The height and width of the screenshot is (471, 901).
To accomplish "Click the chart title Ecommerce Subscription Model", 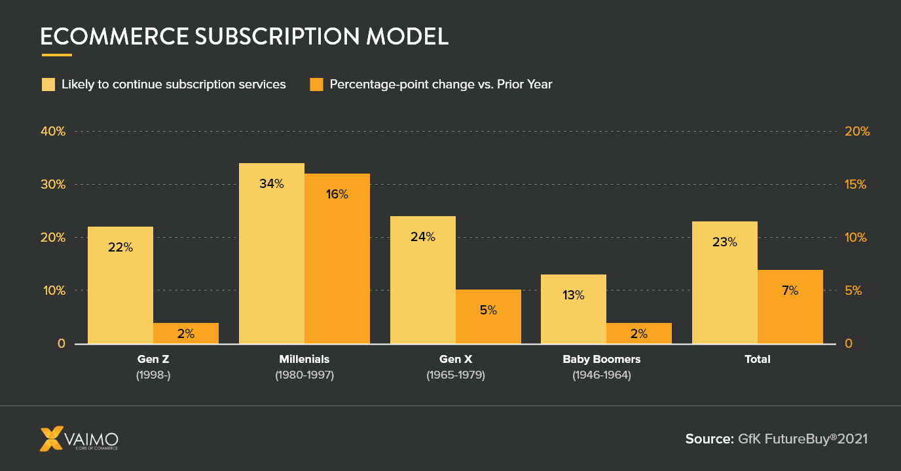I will (244, 37).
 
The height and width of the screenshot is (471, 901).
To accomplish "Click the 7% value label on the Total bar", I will (790, 290).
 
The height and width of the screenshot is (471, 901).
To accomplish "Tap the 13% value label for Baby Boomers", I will (573, 295).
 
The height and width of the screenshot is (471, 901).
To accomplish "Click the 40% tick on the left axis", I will (54, 131).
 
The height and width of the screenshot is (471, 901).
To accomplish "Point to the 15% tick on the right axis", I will (856, 185).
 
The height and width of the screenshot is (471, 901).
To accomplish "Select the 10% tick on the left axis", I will (54, 291).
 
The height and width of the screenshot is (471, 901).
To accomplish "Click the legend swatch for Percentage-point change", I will (316, 85).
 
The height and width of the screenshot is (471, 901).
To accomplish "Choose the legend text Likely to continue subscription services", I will (174, 85).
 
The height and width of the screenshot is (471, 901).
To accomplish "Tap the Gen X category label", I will (456, 359).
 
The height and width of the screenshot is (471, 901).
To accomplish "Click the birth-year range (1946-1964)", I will (601, 375).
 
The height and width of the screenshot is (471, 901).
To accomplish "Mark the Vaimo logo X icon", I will (52, 439).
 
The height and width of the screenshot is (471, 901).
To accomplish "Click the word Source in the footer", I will (708, 439).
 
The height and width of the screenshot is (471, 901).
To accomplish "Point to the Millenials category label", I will (304, 359).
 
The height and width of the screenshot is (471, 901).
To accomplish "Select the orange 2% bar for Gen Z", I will (186, 333).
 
